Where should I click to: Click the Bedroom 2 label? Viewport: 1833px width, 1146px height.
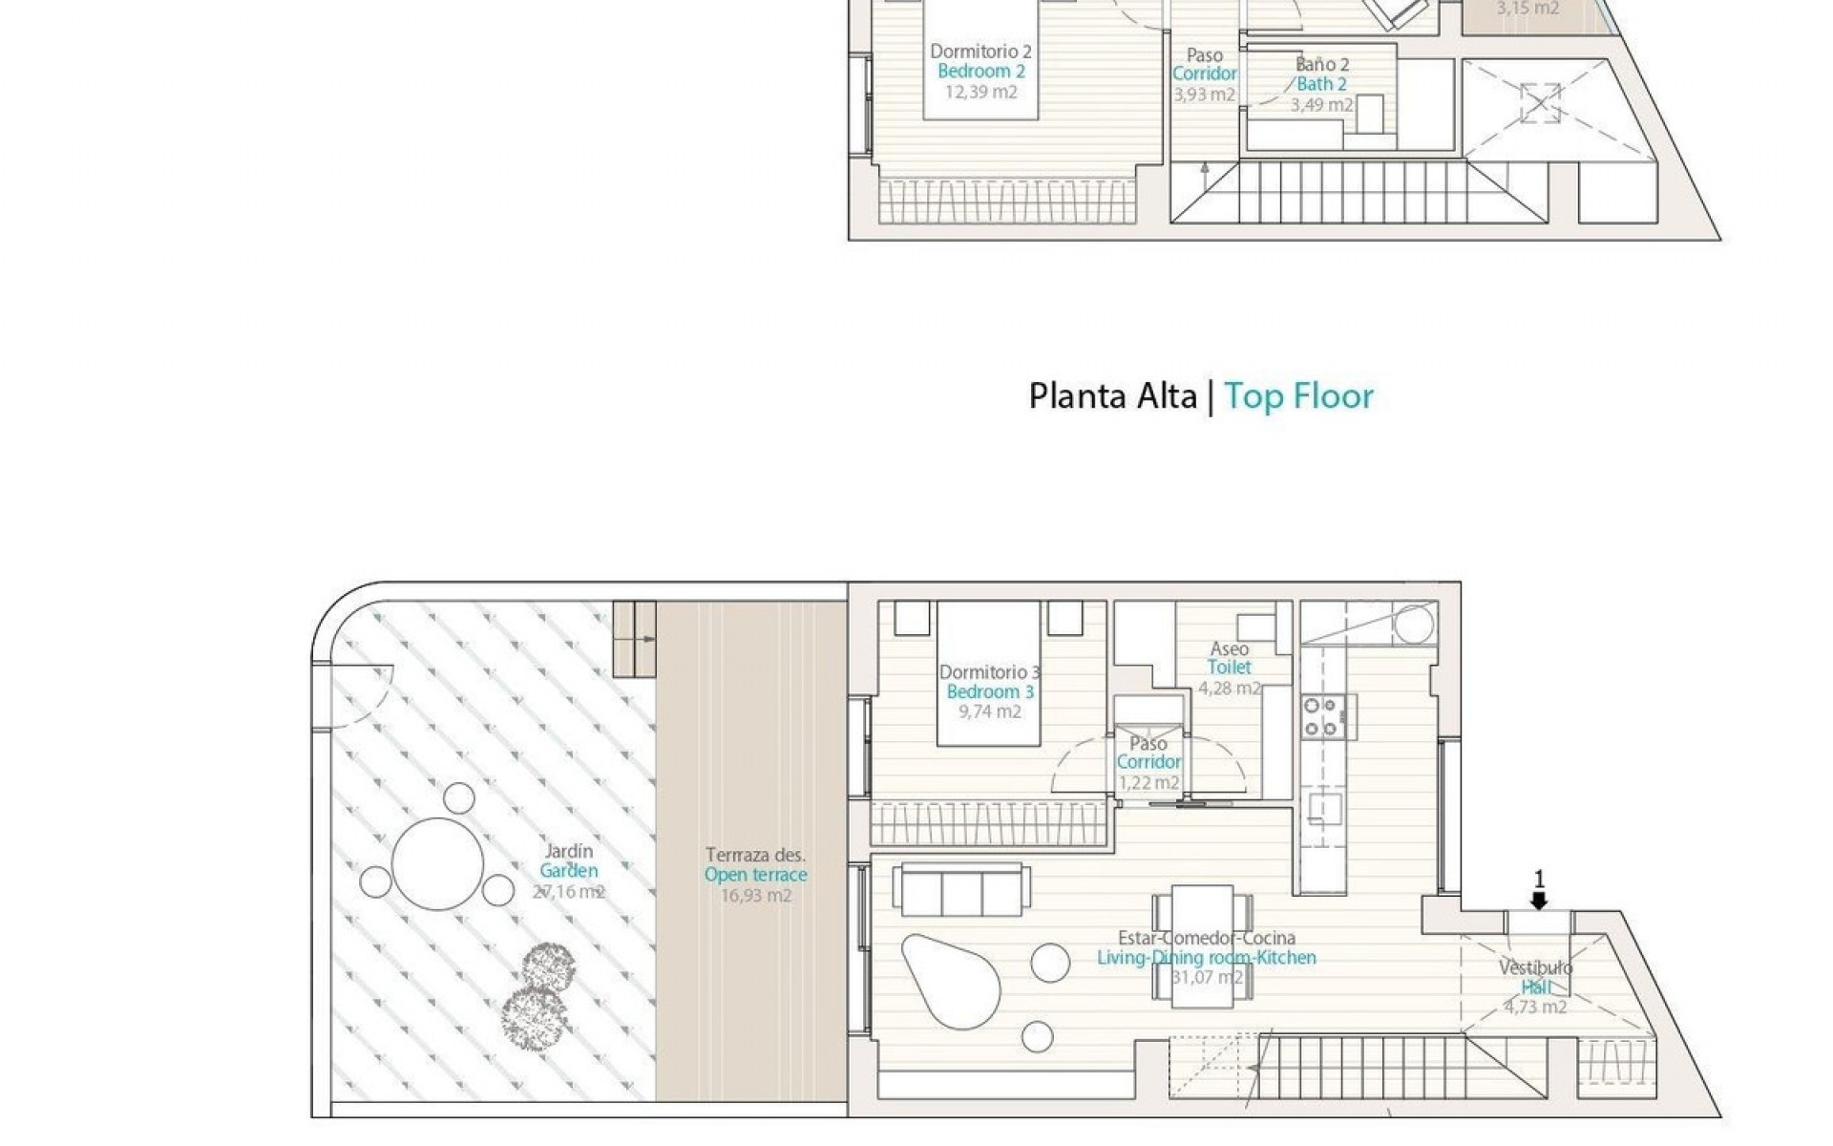[x=980, y=72]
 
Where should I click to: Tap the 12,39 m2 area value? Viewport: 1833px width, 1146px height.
[x=980, y=93]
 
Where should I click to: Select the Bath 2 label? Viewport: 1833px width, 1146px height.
[x=1322, y=85]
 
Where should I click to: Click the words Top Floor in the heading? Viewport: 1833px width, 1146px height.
[x=1298, y=395]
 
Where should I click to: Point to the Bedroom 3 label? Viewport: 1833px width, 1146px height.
[x=990, y=692]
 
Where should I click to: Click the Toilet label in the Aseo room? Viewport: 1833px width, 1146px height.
[x=1229, y=668]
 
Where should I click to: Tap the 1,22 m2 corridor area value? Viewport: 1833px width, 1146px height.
[x=1148, y=783]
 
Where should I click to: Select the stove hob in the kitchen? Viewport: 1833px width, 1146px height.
[x=1324, y=716]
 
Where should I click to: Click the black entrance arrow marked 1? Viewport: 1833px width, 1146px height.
[x=1538, y=900]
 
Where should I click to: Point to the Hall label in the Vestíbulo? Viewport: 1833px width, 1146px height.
[x=1535, y=987]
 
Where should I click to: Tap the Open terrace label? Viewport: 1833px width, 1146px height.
[x=755, y=875]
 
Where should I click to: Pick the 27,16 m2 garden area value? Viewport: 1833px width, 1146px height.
[x=568, y=892]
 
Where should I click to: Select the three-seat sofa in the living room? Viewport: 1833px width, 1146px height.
[x=961, y=890]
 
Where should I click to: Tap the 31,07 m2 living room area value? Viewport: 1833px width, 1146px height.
[x=1207, y=977]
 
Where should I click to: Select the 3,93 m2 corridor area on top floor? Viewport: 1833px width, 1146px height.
[x=1204, y=95]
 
